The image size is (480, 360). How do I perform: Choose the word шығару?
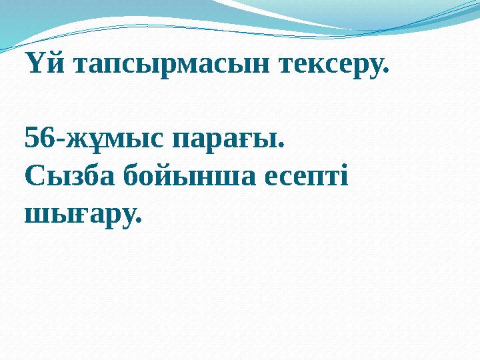coord(80,215)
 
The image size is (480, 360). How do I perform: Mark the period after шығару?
coord(139,221)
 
